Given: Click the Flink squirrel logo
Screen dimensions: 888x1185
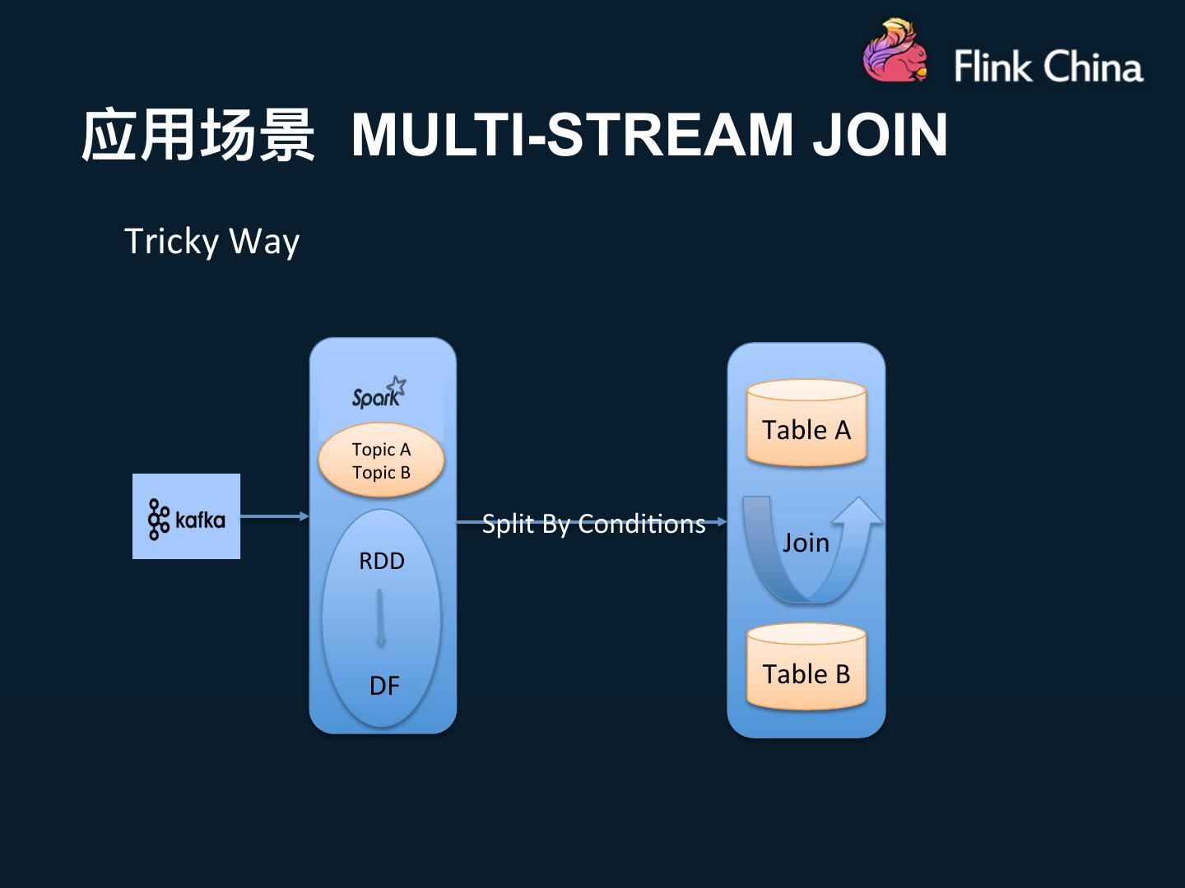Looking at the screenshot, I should [x=895, y=53].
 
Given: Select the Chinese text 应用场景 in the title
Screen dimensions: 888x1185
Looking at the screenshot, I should [x=198, y=134].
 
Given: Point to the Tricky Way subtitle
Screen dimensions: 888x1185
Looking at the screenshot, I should [x=211, y=242].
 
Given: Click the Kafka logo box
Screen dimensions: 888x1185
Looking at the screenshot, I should [x=186, y=516].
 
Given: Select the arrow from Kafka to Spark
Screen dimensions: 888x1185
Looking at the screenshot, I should [x=274, y=516].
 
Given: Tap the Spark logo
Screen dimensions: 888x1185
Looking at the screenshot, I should [x=379, y=393].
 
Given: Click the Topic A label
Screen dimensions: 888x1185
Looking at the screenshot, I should [x=381, y=450].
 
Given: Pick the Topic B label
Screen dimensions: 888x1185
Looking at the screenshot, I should [x=381, y=473].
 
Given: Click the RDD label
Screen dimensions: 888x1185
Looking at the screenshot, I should [x=382, y=562].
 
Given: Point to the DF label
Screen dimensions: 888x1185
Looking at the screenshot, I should [x=383, y=686].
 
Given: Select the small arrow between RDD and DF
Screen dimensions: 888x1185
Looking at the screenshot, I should [x=380, y=618].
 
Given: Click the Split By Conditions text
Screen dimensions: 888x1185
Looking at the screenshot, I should [x=593, y=524].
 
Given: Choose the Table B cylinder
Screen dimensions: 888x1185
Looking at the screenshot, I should [x=806, y=668].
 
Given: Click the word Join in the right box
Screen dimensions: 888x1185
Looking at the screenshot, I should [x=806, y=543].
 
